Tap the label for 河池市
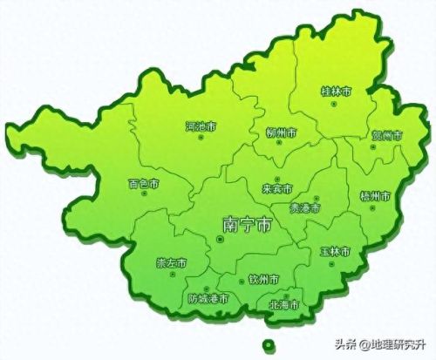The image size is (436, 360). (x=201, y=126)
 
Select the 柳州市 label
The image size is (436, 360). (x=281, y=133)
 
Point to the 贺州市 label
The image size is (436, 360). (x=386, y=135)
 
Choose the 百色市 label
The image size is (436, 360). (x=143, y=184)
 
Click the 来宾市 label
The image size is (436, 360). (x=277, y=188)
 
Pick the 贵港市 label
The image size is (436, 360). (x=305, y=208)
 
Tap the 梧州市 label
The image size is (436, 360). (x=375, y=197)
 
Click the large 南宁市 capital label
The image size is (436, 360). (x=247, y=224)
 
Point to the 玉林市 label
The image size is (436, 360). (x=334, y=251)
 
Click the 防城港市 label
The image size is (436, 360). (x=209, y=298)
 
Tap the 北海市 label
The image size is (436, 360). (x=284, y=305)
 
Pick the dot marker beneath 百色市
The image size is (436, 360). (x=144, y=198)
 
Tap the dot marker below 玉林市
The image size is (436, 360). (x=335, y=263)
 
